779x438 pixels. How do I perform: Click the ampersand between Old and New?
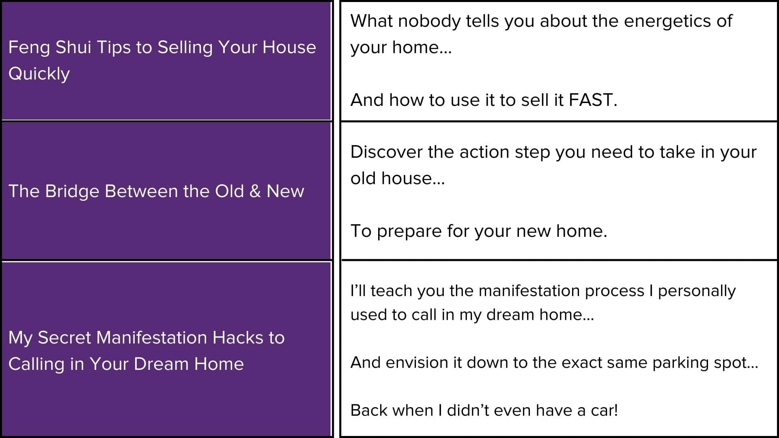(255, 191)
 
